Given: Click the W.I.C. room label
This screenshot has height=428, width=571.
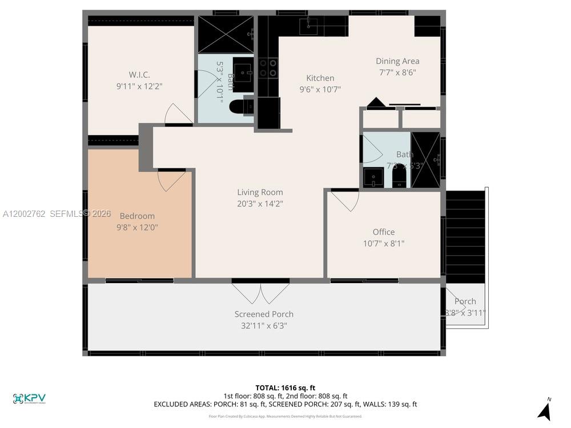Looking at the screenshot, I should point(139,74).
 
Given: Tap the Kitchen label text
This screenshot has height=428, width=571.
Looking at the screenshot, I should point(320,78).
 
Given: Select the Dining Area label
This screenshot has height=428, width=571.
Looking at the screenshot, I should point(397,61).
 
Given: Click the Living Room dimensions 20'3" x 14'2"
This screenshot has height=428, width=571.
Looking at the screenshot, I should point(260,203).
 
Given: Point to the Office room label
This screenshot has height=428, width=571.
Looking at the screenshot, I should point(384,232).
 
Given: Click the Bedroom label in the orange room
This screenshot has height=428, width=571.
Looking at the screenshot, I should point(137,216).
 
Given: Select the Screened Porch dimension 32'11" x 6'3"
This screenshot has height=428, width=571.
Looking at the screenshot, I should point(264,326).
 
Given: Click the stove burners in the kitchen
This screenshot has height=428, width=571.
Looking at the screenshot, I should point(268,68).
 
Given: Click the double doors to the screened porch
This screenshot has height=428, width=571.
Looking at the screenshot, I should point(261,292).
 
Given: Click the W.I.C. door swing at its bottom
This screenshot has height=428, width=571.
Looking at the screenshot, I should point(178,114).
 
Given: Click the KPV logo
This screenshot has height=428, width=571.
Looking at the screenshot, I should point(29,398).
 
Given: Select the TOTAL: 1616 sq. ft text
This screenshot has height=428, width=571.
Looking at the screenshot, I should point(285,387).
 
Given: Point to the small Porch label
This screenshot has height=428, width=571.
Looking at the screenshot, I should point(465,301).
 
